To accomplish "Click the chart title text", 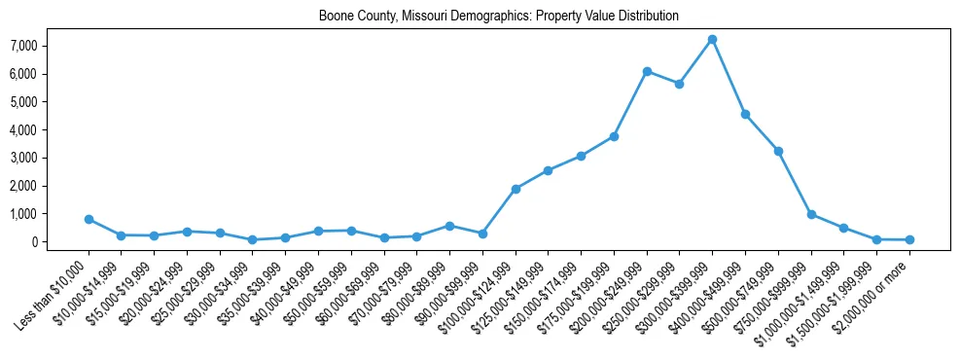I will (x=498, y=17).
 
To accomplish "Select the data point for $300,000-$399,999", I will (x=712, y=40).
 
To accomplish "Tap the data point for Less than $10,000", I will (x=89, y=220).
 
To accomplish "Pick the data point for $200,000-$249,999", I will (x=647, y=72).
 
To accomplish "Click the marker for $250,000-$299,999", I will (x=679, y=84).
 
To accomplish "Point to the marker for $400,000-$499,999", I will (x=745, y=115).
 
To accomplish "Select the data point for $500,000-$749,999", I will (x=778, y=151).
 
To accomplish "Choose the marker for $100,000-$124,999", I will (x=516, y=189).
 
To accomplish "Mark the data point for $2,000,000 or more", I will (x=909, y=239).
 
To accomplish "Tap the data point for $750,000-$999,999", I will (x=811, y=215).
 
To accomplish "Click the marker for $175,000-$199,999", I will (x=614, y=137).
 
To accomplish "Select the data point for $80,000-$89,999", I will (x=449, y=226).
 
